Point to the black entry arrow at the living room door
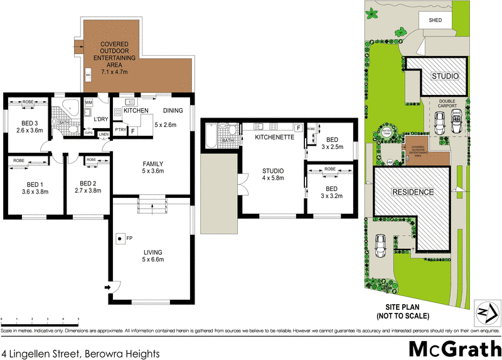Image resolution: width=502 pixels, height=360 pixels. point(109,288)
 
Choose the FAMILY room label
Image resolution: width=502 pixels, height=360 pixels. point(153,166)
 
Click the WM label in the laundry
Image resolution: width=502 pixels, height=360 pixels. point(88,102)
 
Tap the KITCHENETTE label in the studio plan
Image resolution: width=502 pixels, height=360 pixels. point(270,136)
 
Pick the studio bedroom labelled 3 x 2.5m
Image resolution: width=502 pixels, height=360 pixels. point(331,143)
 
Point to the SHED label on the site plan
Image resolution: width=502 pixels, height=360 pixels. point(435,20)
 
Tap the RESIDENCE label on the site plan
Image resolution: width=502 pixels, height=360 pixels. point(412,192)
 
